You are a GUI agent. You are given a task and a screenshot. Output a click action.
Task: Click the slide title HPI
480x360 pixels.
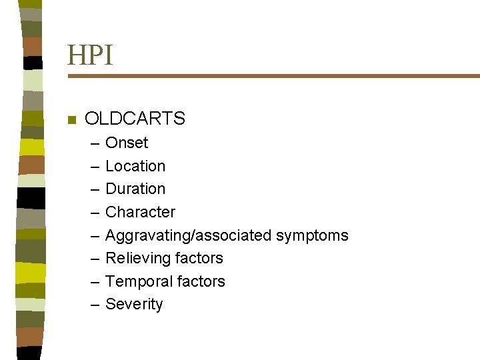click(90, 55)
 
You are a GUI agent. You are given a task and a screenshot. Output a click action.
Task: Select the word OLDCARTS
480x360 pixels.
click(135, 119)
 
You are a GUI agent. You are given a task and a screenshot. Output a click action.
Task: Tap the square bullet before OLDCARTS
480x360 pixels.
click(72, 120)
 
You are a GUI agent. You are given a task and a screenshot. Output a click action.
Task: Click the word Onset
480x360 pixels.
click(127, 143)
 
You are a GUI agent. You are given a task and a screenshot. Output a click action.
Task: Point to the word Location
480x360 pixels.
click(135, 166)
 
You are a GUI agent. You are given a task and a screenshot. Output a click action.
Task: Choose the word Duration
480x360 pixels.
click(135, 189)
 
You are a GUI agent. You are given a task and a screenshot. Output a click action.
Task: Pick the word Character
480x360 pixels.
click(141, 212)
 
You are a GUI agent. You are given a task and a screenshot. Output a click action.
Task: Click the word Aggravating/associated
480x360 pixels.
click(189, 235)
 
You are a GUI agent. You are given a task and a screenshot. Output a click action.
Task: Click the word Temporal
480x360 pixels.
click(136, 281)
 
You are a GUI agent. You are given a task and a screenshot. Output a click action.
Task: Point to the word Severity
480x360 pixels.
click(134, 304)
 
